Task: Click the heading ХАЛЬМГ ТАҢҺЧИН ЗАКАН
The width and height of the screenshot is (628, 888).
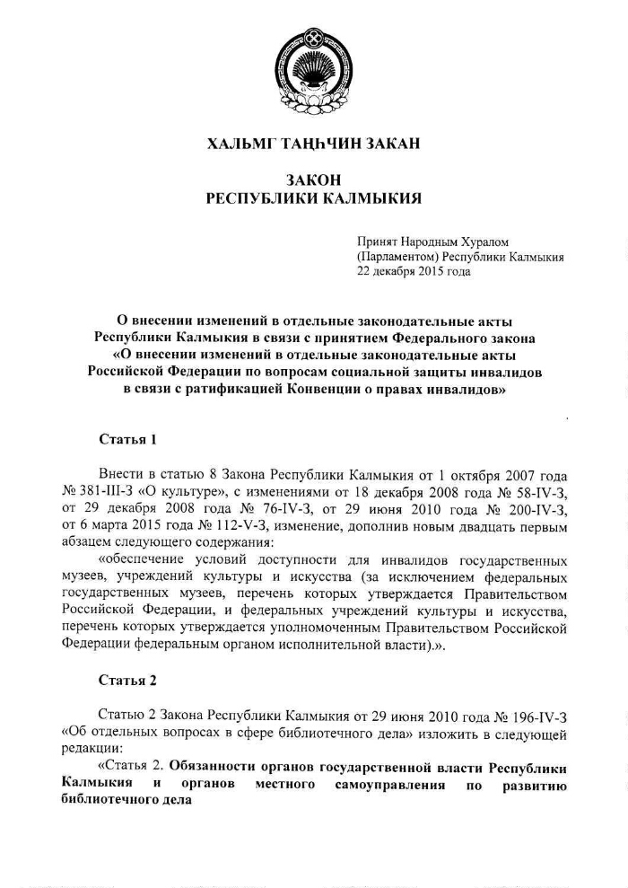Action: click(x=314, y=143)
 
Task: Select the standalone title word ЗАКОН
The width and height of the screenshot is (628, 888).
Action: click(x=314, y=180)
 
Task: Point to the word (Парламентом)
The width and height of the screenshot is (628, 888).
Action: click(x=395, y=257)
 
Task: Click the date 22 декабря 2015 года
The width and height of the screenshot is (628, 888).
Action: click(x=414, y=271)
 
